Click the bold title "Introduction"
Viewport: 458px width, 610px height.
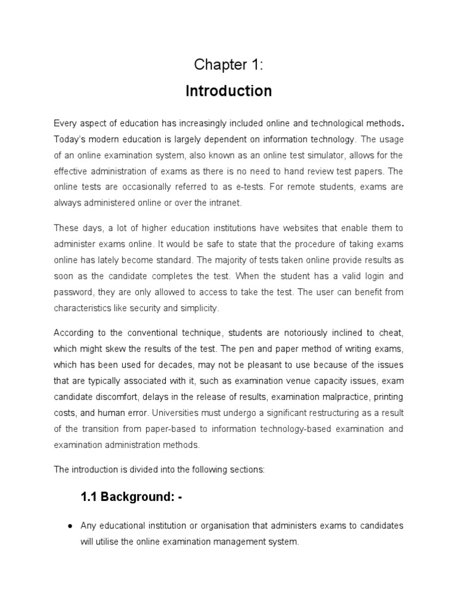(228, 91)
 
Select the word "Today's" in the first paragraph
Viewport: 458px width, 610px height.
(70, 139)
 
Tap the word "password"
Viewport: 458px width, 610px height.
(71, 292)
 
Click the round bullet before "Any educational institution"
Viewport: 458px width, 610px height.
(70, 526)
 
